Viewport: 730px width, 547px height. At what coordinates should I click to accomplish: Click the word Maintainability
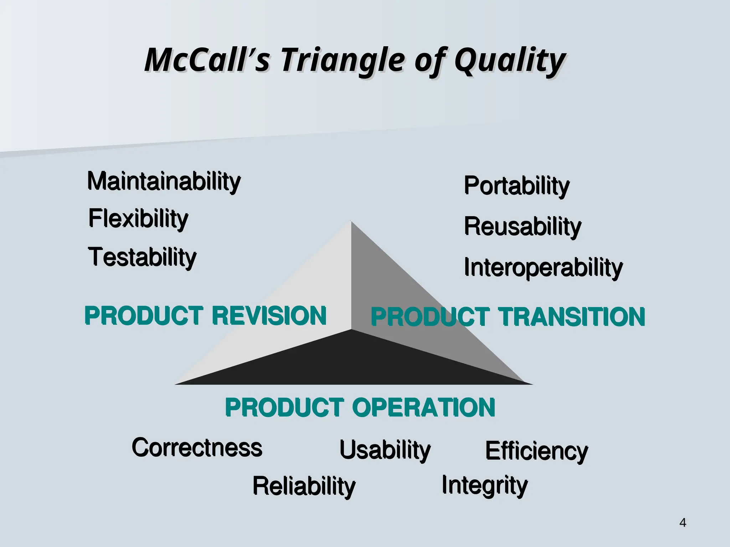tap(164, 182)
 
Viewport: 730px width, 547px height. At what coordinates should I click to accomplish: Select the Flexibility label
tap(138, 218)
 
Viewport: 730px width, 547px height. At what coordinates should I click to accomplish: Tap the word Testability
tap(142, 257)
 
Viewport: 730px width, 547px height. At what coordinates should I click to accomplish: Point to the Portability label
tap(516, 186)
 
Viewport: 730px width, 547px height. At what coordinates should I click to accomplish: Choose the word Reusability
tap(523, 227)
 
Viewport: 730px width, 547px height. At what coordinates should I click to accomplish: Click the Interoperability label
tap(543, 268)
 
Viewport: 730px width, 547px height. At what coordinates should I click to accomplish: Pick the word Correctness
tap(197, 448)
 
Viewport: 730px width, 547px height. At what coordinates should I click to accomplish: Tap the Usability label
tap(385, 450)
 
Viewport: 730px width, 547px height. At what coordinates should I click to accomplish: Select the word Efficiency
tap(536, 451)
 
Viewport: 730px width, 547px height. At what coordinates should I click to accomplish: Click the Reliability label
tap(304, 486)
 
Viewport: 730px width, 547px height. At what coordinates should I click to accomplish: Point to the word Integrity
tap(484, 485)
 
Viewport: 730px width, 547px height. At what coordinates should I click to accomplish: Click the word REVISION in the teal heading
tap(269, 316)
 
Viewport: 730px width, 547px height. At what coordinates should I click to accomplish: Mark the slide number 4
tap(683, 522)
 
